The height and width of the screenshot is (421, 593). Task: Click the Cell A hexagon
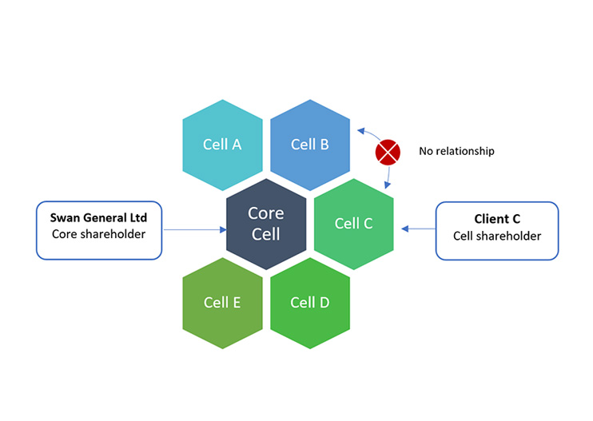pos(222,145)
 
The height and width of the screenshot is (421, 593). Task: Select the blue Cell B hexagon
pos(310,145)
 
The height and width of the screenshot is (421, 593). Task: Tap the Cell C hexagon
pos(353,224)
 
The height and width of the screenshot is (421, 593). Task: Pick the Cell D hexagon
pos(310,303)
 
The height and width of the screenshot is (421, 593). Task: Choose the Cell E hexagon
pos(222,303)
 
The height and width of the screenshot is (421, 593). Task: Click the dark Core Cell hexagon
pos(266,224)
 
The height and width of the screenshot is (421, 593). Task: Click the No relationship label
pos(456,151)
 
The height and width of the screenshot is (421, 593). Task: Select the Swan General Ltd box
pos(99,230)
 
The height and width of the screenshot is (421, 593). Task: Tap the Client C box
pos(496,230)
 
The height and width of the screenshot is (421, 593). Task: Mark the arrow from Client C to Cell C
pos(418,229)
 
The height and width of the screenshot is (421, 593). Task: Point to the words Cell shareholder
pos(497,236)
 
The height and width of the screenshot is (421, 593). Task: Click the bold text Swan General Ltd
pos(98,217)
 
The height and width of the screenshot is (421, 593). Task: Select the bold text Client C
pos(496,218)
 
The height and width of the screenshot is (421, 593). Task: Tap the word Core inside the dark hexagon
pos(266,214)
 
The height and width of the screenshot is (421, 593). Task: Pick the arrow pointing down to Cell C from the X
pos(389,175)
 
